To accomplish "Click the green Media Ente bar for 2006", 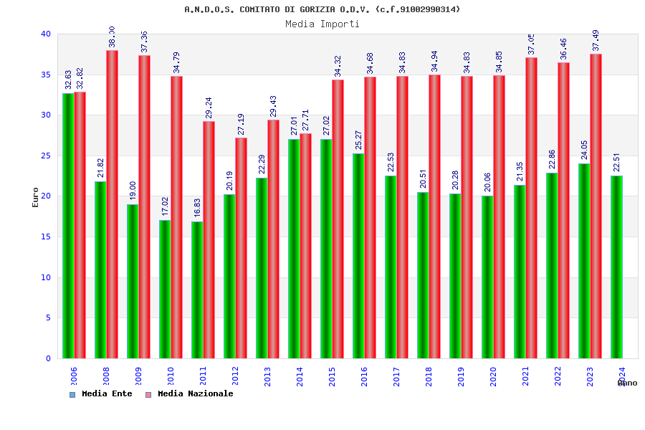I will click(68, 226).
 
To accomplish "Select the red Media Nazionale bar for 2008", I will click(112, 204).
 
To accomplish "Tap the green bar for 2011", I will click(197, 290).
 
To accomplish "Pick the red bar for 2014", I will click(305, 246).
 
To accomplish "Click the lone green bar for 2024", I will click(616, 267).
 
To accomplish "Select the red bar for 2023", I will click(596, 206).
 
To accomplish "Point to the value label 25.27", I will click(359, 140).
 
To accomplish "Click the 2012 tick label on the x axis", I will click(236, 376).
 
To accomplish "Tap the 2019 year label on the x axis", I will click(462, 376).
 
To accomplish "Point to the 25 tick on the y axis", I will click(46, 156).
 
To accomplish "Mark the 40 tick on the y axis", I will click(46, 34).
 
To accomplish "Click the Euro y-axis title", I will click(36, 197).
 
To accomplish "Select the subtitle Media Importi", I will click(322, 24).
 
